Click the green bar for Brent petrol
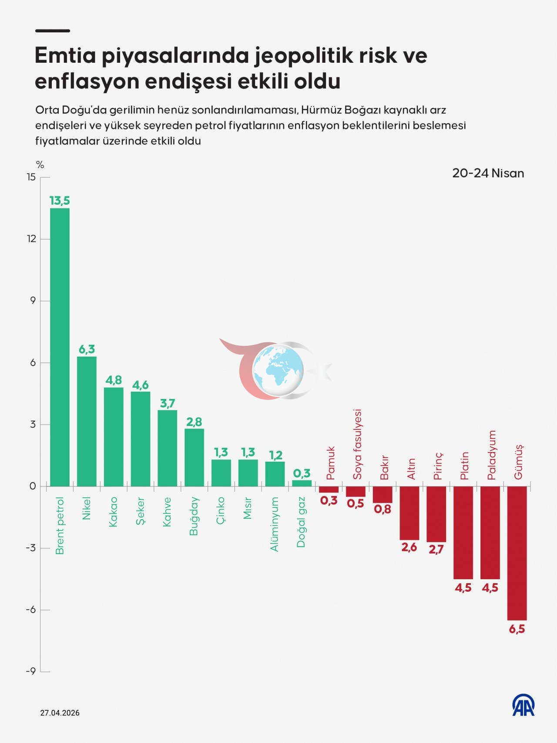click(60, 347)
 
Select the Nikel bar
click(87, 422)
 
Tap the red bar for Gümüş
click(517, 553)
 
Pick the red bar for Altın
click(409, 513)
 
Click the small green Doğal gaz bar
click(302, 483)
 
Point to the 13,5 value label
click(60, 201)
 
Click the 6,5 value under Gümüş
click(517, 629)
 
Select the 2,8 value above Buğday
click(194, 422)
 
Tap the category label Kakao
click(114, 512)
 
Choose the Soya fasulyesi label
click(357, 444)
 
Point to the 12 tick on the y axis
click(31, 239)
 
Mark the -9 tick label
click(30, 671)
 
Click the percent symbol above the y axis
click(40, 165)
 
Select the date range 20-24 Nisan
click(488, 173)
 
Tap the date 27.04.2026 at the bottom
click(60, 713)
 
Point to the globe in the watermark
click(278, 370)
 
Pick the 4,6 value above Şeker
click(141, 385)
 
